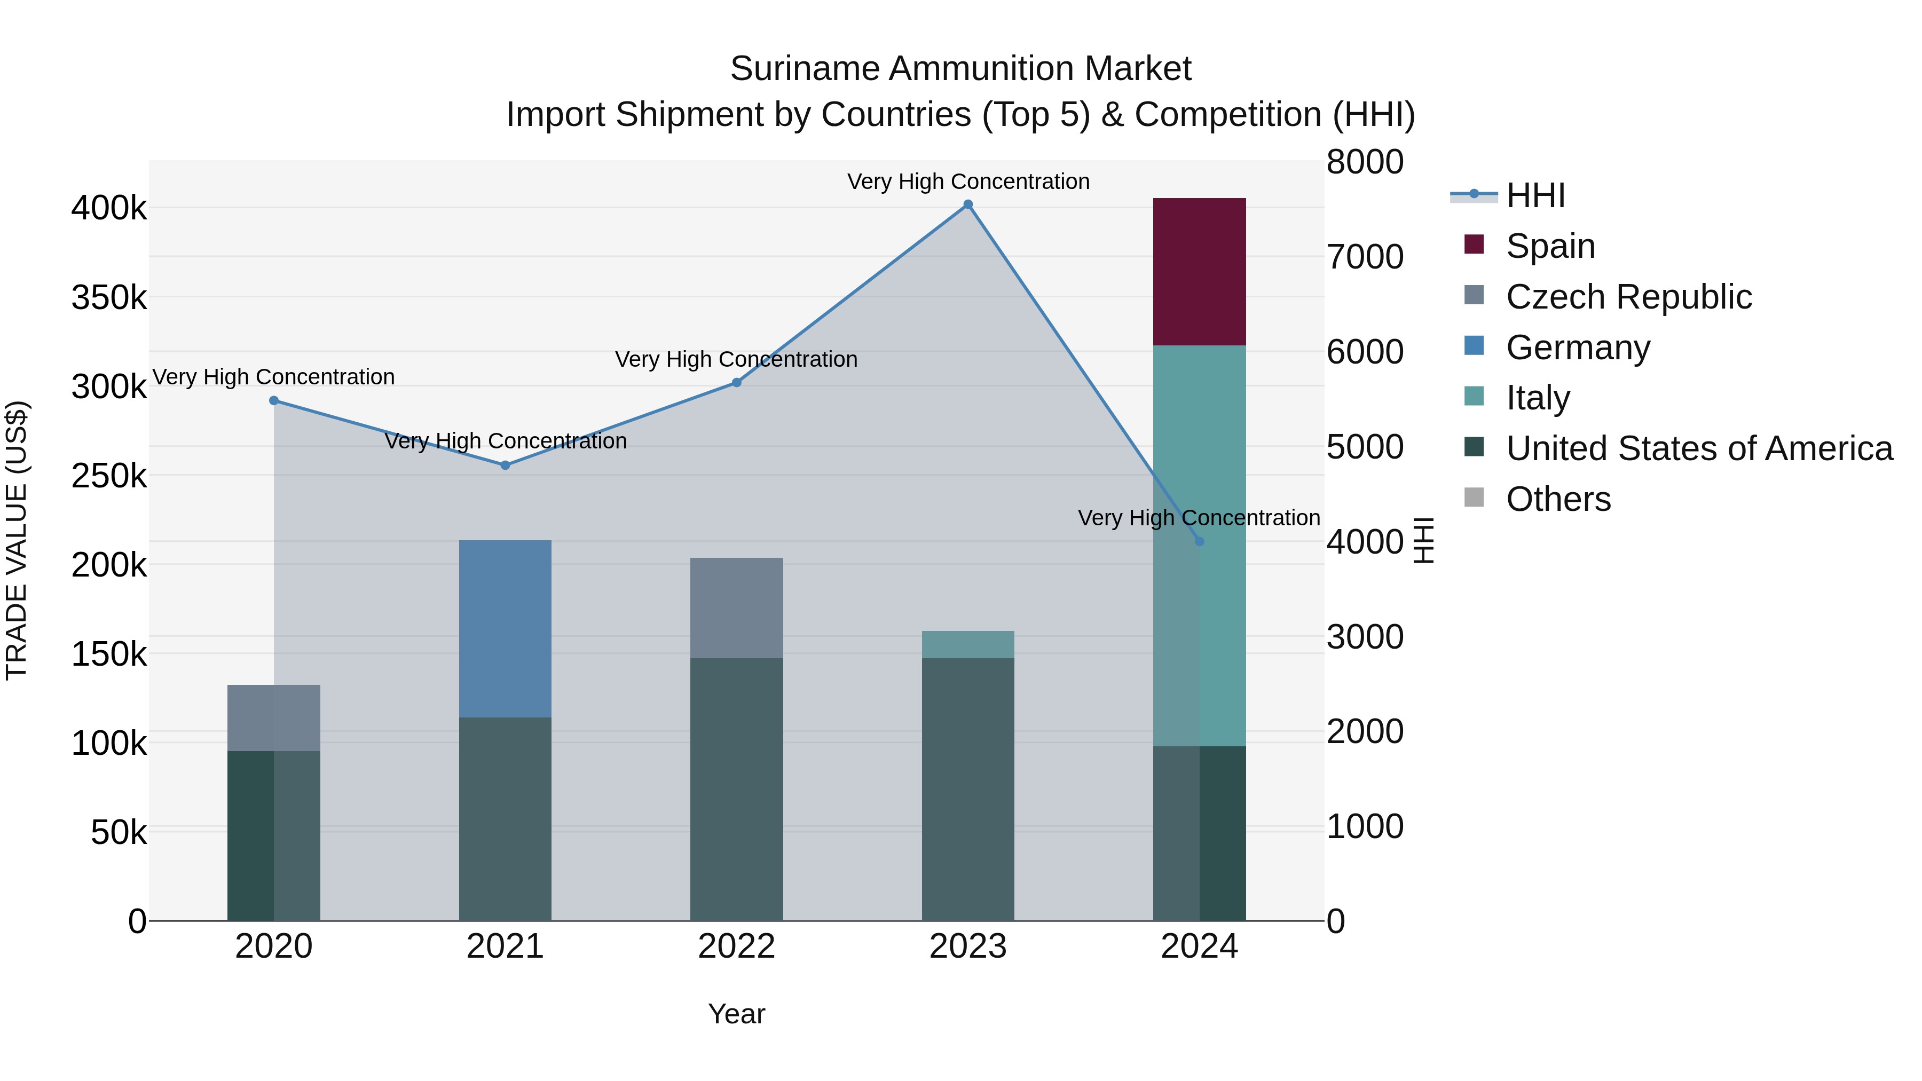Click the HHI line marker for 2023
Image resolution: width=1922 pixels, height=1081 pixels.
click(968, 204)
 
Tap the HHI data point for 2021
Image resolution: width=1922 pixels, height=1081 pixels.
click(505, 465)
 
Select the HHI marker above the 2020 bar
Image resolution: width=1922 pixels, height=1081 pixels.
click(274, 400)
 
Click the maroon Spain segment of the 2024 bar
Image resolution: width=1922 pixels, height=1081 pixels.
click(1199, 272)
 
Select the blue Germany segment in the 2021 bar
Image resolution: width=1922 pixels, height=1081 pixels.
click(505, 628)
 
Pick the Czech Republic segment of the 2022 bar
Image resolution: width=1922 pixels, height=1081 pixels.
click(736, 607)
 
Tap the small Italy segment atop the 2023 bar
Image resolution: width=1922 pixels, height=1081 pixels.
click(968, 644)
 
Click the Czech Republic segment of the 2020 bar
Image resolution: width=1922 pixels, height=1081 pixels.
click(274, 717)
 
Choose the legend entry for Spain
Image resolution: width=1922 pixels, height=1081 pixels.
click(1550, 246)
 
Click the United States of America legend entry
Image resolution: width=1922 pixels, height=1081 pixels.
click(1699, 448)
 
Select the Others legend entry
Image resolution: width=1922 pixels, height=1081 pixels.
click(1558, 499)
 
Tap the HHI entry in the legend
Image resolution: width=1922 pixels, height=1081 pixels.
click(1535, 195)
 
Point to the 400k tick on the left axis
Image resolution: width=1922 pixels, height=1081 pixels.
click(109, 208)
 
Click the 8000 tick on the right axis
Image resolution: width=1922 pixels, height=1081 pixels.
click(1365, 162)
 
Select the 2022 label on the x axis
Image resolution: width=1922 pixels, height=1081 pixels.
click(736, 946)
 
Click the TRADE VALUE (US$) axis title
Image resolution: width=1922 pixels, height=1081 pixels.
click(17, 540)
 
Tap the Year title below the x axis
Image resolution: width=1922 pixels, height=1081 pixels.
click(736, 1014)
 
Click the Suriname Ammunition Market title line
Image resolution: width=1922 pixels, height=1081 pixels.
click(960, 69)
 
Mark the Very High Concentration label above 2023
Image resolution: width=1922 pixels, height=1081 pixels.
click(968, 182)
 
